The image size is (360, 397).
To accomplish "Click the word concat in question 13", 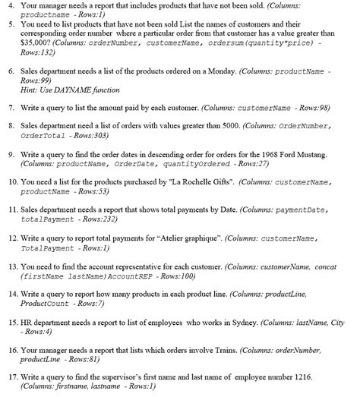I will pos(324,266).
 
